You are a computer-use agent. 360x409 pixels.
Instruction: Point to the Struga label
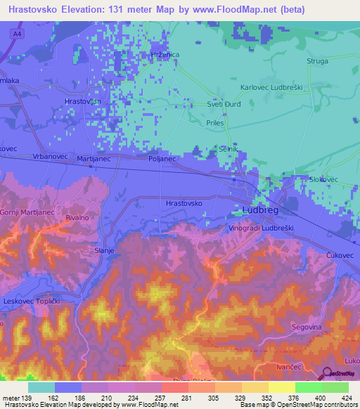click(x=317, y=62)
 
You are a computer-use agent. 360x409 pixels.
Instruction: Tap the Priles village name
click(x=214, y=122)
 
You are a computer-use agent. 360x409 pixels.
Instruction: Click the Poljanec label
click(x=162, y=159)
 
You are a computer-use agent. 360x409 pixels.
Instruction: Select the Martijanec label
click(x=94, y=159)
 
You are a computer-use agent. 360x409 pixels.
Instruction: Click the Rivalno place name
click(x=77, y=219)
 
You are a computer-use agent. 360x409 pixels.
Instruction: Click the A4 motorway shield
click(x=15, y=34)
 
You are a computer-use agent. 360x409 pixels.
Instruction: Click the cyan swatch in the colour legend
click(x=41, y=387)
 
